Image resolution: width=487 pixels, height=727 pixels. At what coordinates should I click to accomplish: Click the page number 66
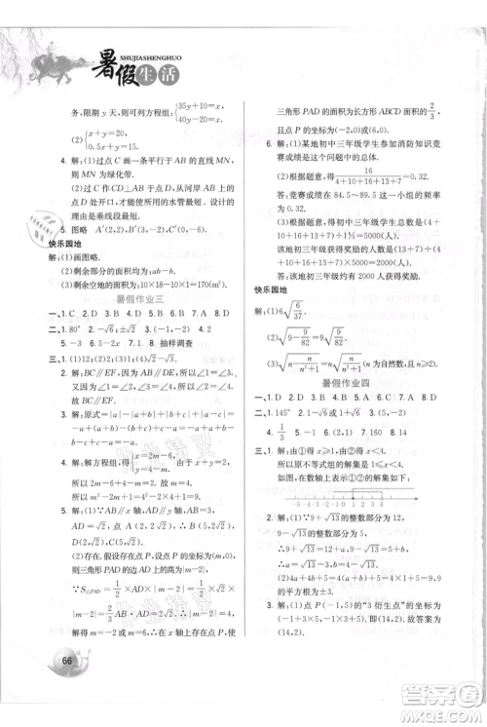point(67,687)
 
